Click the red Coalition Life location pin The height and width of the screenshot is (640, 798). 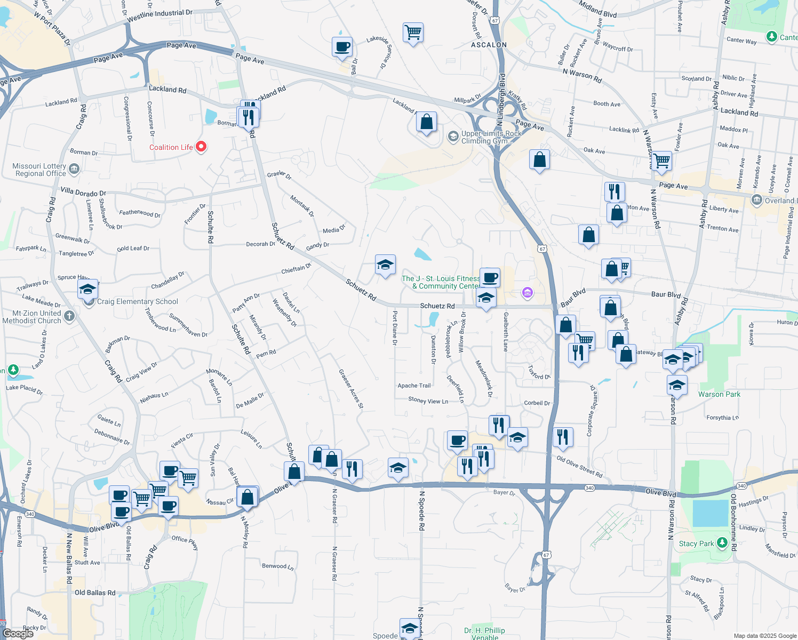click(x=201, y=146)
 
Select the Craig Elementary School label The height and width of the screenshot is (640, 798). click(x=138, y=302)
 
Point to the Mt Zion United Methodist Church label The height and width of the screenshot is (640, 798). click(x=32, y=317)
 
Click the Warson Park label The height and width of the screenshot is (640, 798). click(x=719, y=395)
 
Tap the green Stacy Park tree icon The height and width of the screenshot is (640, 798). click(x=722, y=543)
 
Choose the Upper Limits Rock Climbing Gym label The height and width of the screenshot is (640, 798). click(x=491, y=137)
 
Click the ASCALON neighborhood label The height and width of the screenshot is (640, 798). click(x=489, y=45)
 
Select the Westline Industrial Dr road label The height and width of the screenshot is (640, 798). click(x=159, y=15)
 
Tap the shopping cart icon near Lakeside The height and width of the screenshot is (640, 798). click(x=413, y=33)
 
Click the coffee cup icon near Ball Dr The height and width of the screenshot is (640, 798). click(x=342, y=46)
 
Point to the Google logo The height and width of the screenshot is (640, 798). click(x=18, y=633)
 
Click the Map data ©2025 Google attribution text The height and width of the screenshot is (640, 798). click(x=764, y=636)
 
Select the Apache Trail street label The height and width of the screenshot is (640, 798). click(x=414, y=386)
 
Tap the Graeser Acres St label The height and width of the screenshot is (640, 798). click(x=351, y=389)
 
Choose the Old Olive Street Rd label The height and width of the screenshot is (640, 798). click(x=579, y=466)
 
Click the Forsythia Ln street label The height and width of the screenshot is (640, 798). click(x=722, y=418)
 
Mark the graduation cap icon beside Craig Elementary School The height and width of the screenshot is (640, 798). click(x=88, y=290)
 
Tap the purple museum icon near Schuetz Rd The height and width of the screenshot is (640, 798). click(x=527, y=292)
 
